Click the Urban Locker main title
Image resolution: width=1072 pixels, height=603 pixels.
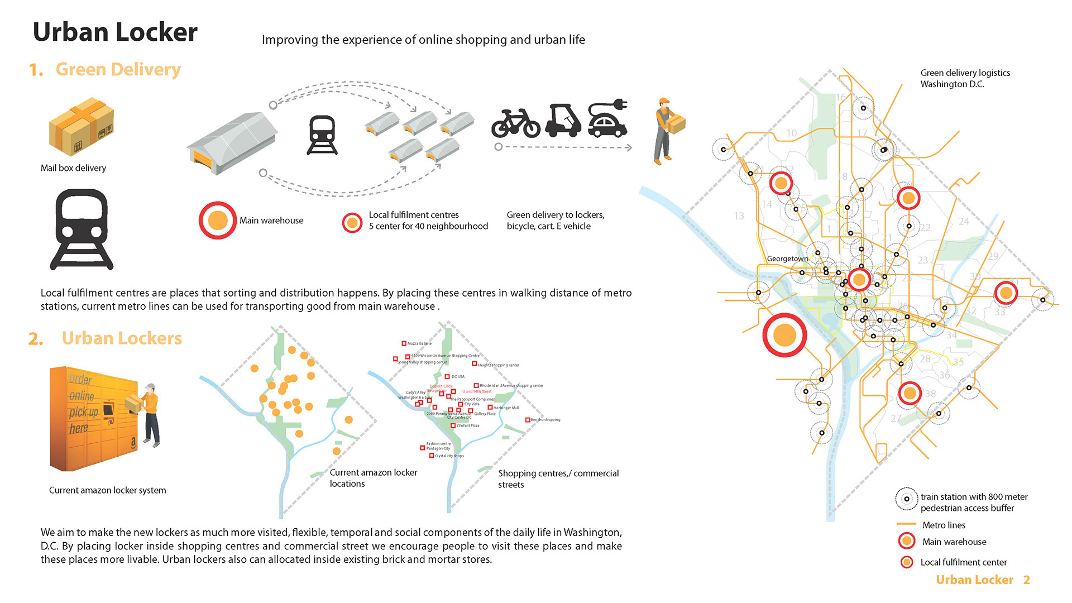(x=115, y=32)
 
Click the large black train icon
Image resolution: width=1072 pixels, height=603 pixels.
(x=82, y=229)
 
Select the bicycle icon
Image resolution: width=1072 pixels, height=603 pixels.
(x=515, y=122)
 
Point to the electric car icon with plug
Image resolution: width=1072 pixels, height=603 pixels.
(x=607, y=118)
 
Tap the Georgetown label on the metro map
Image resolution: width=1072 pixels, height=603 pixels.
(x=787, y=259)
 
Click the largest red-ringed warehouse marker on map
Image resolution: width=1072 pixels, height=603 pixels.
(x=784, y=335)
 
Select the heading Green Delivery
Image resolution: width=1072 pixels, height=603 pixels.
(x=118, y=69)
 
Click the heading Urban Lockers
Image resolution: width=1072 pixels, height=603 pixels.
(x=122, y=338)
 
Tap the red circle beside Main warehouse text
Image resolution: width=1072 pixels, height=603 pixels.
(x=218, y=221)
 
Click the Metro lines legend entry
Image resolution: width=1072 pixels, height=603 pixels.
(x=944, y=525)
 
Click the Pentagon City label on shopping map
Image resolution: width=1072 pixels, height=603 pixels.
(x=438, y=448)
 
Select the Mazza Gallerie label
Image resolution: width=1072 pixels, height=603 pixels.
(x=419, y=343)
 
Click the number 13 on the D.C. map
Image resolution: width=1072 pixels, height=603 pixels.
(x=739, y=216)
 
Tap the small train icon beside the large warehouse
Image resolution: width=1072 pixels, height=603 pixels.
(x=322, y=135)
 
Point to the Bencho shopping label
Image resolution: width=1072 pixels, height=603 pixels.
(x=545, y=420)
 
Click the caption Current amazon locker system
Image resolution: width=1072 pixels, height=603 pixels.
(x=107, y=490)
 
